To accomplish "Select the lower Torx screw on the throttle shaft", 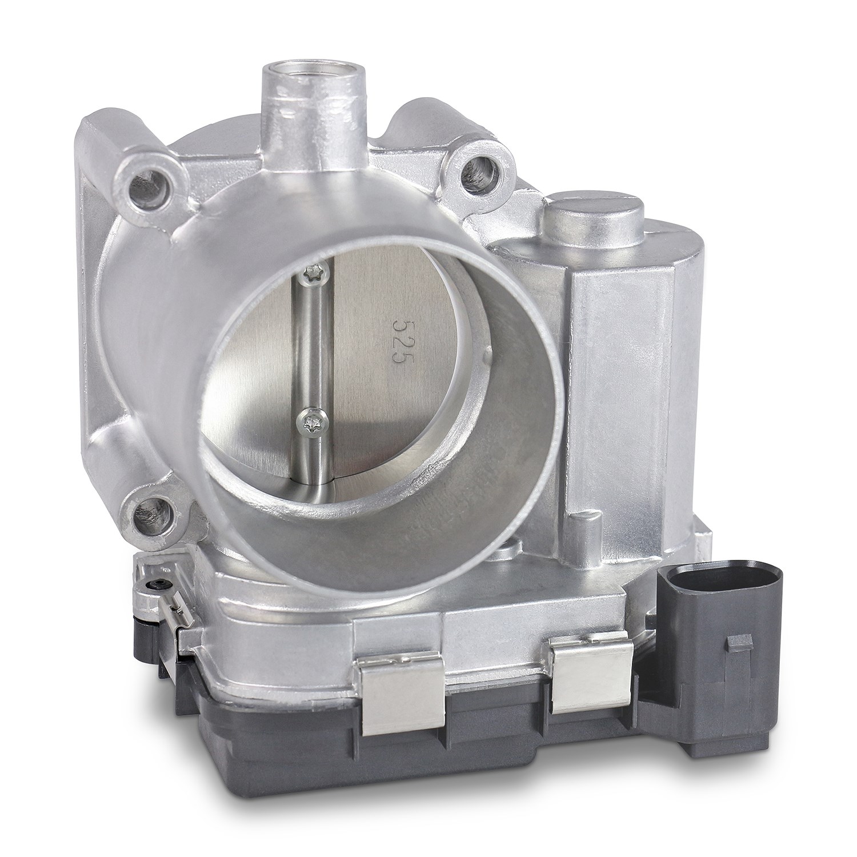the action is tap(311, 423).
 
